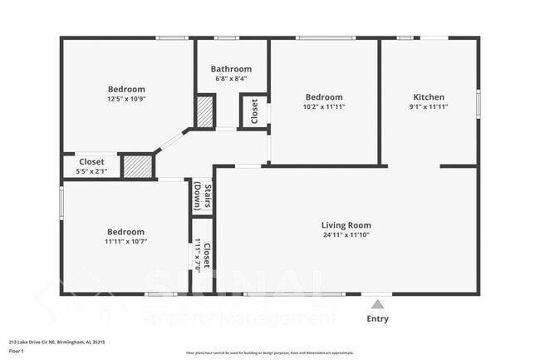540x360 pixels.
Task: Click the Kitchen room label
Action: click(429, 97)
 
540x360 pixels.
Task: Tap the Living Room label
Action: click(346, 225)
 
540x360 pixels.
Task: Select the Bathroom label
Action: click(230, 69)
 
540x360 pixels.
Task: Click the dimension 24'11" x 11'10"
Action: click(346, 235)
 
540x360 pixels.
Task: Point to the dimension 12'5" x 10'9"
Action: click(126, 99)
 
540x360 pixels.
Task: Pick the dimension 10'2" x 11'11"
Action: click(323, 106)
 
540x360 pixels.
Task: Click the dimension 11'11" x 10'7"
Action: click(125, 242)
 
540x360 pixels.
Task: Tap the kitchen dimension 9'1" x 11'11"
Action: click(429, 106)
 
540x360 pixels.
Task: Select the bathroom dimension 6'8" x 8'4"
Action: click(230, 79)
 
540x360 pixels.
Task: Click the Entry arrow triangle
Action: click(377, 303)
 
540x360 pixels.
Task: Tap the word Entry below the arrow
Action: click(377, 318)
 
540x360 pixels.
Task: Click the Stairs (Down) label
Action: click(202, 198)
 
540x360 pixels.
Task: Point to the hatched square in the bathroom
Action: click(205, 111)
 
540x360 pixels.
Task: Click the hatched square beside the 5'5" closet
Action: click(138, 165)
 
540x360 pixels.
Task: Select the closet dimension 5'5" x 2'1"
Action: click(91, 171)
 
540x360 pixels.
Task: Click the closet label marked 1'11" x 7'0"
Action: click(202, 257)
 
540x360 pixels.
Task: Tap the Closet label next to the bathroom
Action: click(254, 111)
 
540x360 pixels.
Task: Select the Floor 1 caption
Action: click(17, 351)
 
